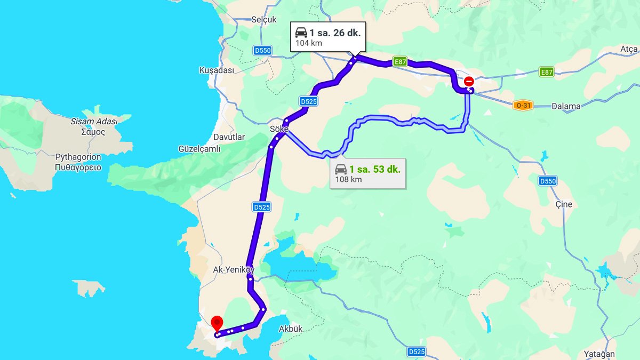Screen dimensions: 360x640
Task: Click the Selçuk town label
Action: click(x=264, y=20)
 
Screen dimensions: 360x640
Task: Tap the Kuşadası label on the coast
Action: click(x=217, y=70)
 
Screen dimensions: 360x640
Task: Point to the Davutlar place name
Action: click(x=229, y=137)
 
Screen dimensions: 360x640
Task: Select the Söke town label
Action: click(x=279, y=129)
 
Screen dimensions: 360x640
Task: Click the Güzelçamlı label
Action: click(x=200, y=149)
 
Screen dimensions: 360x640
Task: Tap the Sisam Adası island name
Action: click(x=94, y=121)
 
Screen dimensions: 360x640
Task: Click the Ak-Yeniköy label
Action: click(x=234, y=270)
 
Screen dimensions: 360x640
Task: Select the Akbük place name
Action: click(x=291, y=329)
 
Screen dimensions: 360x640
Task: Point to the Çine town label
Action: click(x=563, y=204)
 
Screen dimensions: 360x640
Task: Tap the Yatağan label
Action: click(x=599, y=354)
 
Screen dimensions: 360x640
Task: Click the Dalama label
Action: click(x=566, y=106)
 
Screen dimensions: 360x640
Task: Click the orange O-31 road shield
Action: click(x=523, y=106)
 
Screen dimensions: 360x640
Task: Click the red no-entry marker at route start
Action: click(x=469, y=82)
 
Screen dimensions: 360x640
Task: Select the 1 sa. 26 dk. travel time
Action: click(x=335, y=33)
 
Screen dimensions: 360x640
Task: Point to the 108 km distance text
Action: click(x=348, y=180)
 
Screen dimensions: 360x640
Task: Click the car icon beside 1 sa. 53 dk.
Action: click(x=340, y=170)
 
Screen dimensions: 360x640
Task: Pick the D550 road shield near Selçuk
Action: click(x=262, y=51)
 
